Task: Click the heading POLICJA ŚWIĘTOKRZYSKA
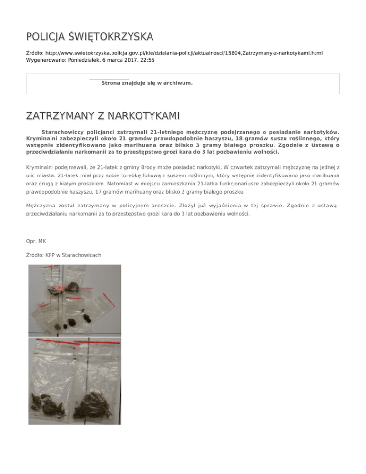pos(90,37)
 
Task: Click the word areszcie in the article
pos(163,206)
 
